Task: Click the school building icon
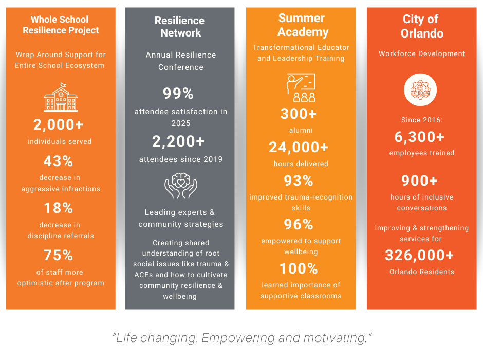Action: (x=61, y=97)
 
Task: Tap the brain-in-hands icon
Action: (x=180, y=186)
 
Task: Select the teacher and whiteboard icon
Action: (x=301, y=88)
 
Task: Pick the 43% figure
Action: (x=59, y=161)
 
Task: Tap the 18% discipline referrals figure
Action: (x=59, y=208)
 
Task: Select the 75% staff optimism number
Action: (x=59, y=255)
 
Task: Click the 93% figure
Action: (x=299, y=181)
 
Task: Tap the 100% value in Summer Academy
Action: (x=299, y=268)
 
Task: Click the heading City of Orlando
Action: (x=421, y=26)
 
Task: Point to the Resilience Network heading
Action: (x=180, y=27)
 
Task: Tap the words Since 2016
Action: (x=421, y=120)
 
